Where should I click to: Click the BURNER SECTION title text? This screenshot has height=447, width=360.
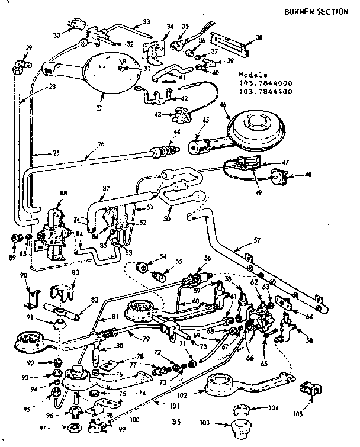[316, 11]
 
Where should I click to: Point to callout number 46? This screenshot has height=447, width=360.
[223, 105]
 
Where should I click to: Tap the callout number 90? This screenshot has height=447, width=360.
[23, 275]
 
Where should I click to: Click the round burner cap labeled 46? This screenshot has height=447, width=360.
[255, 127]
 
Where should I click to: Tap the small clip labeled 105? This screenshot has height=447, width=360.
[308, 389]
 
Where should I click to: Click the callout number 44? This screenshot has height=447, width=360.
[176, 131]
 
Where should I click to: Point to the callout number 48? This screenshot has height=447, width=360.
[308, 175]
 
